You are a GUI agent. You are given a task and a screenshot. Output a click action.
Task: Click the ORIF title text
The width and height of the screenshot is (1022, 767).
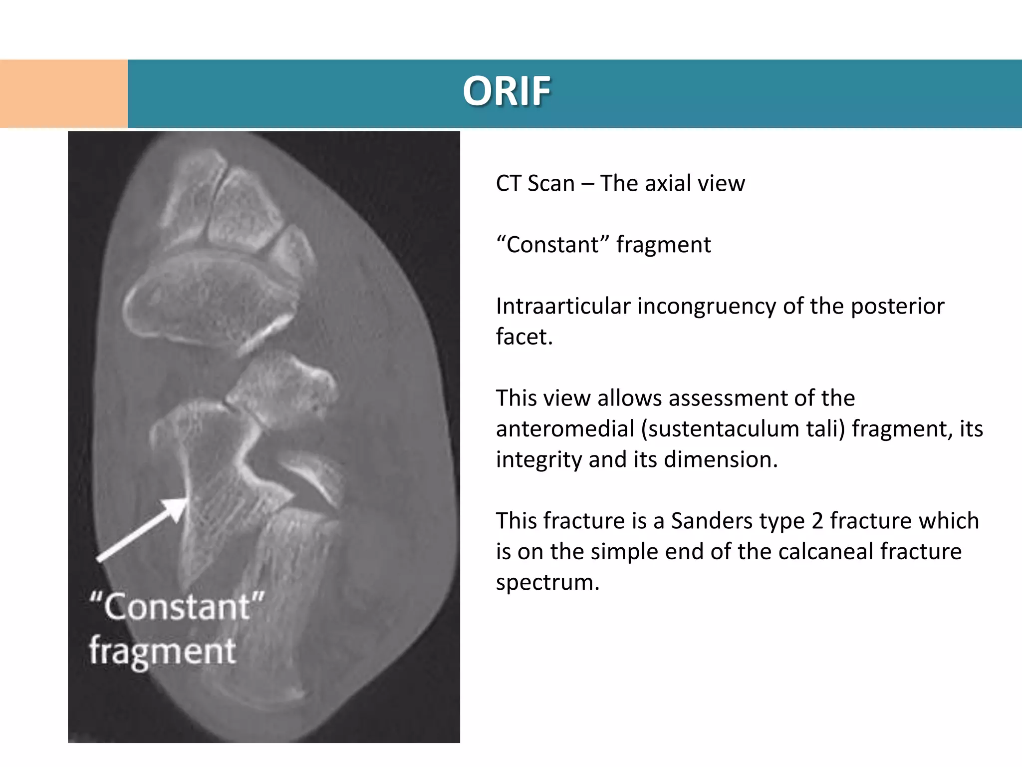pyautogui.click(x=507, y=91)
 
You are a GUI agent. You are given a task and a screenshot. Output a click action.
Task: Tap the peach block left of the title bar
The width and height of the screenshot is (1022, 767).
pyautogui.click(x=63, y=93)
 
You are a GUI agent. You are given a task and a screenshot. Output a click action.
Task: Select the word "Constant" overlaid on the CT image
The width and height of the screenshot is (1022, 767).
pyautogui.click(x=177, y=607)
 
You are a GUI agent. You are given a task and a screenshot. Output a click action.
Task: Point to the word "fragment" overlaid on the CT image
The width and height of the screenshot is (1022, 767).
pyautogui.click(x=162, y=652)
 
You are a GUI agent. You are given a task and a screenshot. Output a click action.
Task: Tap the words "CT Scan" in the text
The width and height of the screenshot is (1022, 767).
pyautogui.click(x=535, y=183)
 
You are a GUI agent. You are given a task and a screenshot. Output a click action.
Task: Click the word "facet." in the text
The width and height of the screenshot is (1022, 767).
pyautogui.click(x=524, y=337)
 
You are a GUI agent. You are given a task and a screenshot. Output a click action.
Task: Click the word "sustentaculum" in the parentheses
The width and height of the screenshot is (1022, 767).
pyautogui.click(x=719, y=429)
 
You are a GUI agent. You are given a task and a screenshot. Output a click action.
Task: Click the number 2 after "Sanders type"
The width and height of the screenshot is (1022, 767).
pyautogui.click(x=817, y=521)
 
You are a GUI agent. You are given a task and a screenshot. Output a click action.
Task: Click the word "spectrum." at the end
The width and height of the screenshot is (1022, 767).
pyautogui.click(x=547, y=582)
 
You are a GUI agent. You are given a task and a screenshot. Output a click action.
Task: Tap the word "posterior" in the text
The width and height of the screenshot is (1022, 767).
pyautogui.click(x=897, y=306)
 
